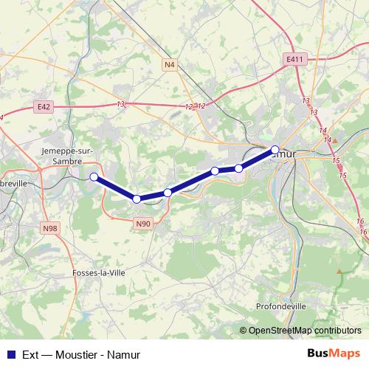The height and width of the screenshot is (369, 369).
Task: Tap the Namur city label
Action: tap(284, 155)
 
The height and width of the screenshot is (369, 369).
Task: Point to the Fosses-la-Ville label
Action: tap(100, 272)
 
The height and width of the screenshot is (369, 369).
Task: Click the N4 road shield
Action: tap(170, 65)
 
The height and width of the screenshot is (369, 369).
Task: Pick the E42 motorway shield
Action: tap(44, 107)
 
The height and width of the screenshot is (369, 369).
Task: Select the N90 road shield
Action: tap(143, 223)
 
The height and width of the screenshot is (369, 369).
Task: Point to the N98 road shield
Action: tap(49, 229)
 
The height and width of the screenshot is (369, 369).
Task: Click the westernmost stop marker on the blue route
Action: tap(94, 176)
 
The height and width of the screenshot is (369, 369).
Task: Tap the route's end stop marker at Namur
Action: tap(275, 149)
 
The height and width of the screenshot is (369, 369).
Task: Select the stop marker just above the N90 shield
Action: tap(137, 199)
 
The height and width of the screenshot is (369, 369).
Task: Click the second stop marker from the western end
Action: tap(137, 199)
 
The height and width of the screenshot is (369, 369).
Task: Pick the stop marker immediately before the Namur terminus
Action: tap(238, 169)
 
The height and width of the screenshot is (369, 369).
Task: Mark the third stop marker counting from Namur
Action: tap(215, 171)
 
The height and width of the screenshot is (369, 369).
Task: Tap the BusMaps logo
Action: tap(333, 353)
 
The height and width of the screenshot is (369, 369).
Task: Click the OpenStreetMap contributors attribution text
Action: tap(305, 331)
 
